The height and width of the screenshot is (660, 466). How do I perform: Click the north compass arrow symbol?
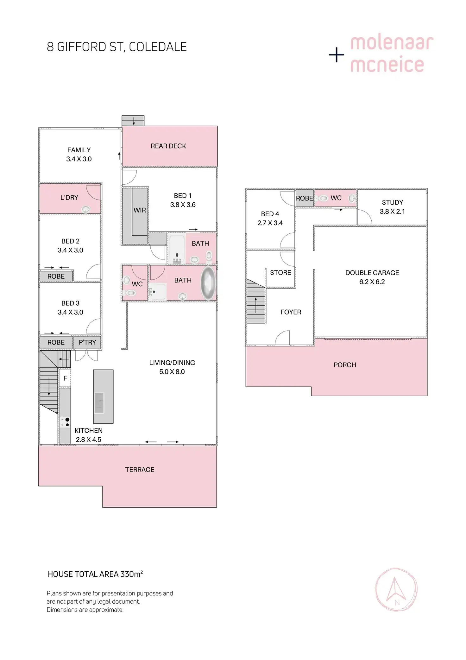pyautogui.click(x=396, y=590)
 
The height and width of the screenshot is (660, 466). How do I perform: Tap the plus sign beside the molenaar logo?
pyautogui.click(x=337, y=55)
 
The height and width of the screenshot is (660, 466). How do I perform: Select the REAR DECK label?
pyautogui.click(x=168, y=146)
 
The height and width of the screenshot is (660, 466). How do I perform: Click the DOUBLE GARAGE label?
pyautogui.click(x=372, y=273)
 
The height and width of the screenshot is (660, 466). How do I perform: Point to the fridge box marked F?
pyautogui.click(x=65, y=378)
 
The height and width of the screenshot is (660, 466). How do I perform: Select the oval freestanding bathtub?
pyautogui.click(x=208, y=283)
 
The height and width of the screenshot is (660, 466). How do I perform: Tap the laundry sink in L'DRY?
pyautogui.click(x=86, y=209)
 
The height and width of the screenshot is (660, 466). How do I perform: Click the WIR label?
pyautogui.click(x=140, y=210)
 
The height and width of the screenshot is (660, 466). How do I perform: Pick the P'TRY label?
pyautogui.click(x=87, y=342)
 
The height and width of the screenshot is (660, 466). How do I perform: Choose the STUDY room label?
pyautogui.click(x=393, y=202)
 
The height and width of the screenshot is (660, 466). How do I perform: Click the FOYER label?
pyautogui.click(x=291, y=312)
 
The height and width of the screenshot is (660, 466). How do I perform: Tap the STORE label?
pyautogui.click(x=280, y=273)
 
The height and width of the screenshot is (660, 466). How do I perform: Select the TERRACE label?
pyautogui.click(x=140, y=470)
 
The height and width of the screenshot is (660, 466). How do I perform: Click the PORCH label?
pyautogui.click(x=345, y=365)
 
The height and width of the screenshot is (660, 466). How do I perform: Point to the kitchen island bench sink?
pyautogui.click(x=99, y=402)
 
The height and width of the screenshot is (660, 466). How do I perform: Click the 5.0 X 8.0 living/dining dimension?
pyautogui.click(x=172, y=372)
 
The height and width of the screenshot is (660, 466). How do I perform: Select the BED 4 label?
pyautogui.click(x=270, y=214)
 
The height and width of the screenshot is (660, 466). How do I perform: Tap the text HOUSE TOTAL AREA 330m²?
pyautogui.click(x=95, y=574)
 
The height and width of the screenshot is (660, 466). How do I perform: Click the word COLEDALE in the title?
pyautogui.click(x=158, y=47)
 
